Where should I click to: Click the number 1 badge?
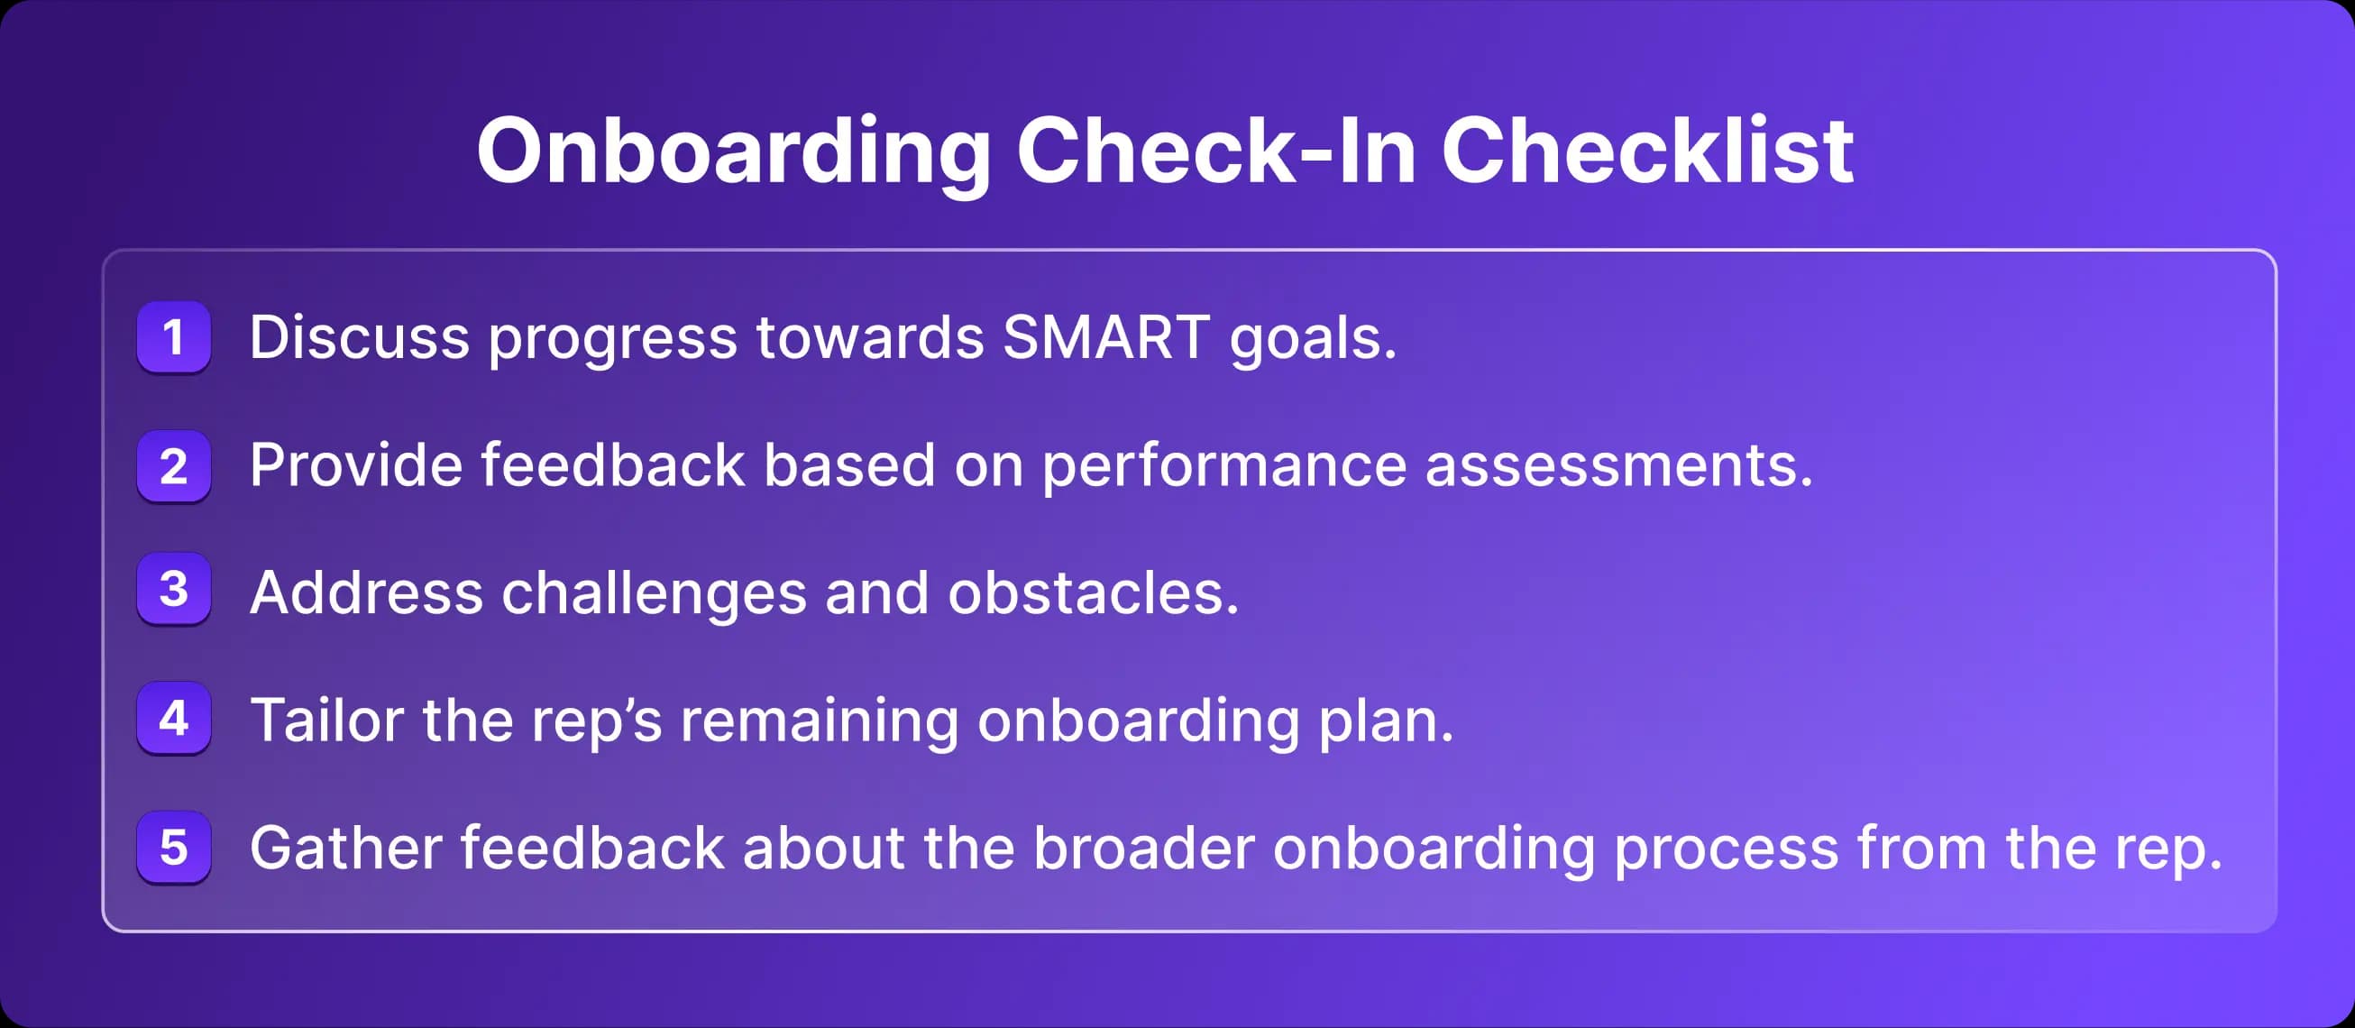click(x=174, y=336)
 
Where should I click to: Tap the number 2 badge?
click(x=174, y=465)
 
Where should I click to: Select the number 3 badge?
click(x=174, y=589)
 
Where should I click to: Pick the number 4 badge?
click(x=174, y=718)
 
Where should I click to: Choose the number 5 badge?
click(x=174, y=847)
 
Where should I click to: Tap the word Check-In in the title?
click(x=1216, y=151)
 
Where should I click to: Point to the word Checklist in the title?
click(x=1646, y=151)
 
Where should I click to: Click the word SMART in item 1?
click(x=1106, y=336)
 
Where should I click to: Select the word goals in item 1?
click(x=1312, y=340)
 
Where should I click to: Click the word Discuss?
click(x=359, y=336)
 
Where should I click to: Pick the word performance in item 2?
click(x=1224, y=466)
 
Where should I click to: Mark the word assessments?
click(x=1618, y=466)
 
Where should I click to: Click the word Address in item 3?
click(x=366, y=592)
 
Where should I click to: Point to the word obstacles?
click(x=1093, y=592)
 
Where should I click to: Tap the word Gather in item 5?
click(x=345, y=848)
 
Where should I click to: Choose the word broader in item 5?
click(x=1143, y=848)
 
